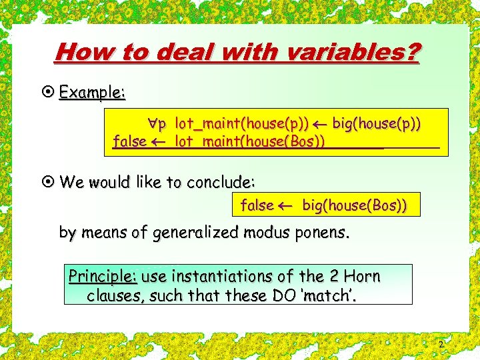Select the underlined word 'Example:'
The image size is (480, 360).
92,93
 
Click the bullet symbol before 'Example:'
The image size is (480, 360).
49,93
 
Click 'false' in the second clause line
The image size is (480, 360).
130,141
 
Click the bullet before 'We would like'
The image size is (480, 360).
49,182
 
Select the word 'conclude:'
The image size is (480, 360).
221,182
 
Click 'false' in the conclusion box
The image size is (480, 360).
257,205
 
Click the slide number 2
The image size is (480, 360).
441,344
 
